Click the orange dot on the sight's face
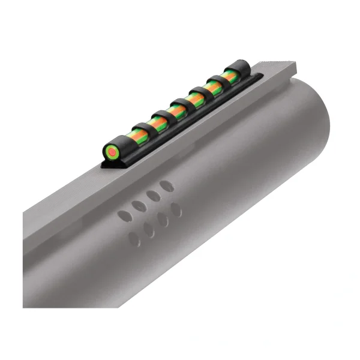(x=112, y=153)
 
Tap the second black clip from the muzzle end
(x=216, y=85)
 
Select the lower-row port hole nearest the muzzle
(x=176, y=209)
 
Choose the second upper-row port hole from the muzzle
(x=154, y=196)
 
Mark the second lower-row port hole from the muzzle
(x=163, y=219)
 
